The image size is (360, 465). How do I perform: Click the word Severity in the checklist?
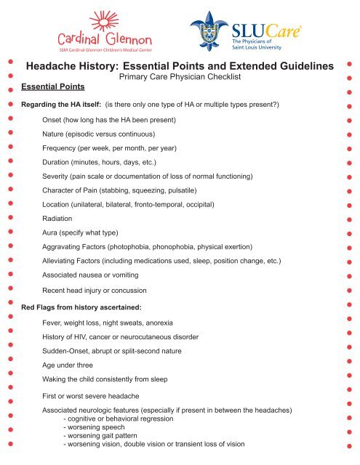[x=58, y=177]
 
